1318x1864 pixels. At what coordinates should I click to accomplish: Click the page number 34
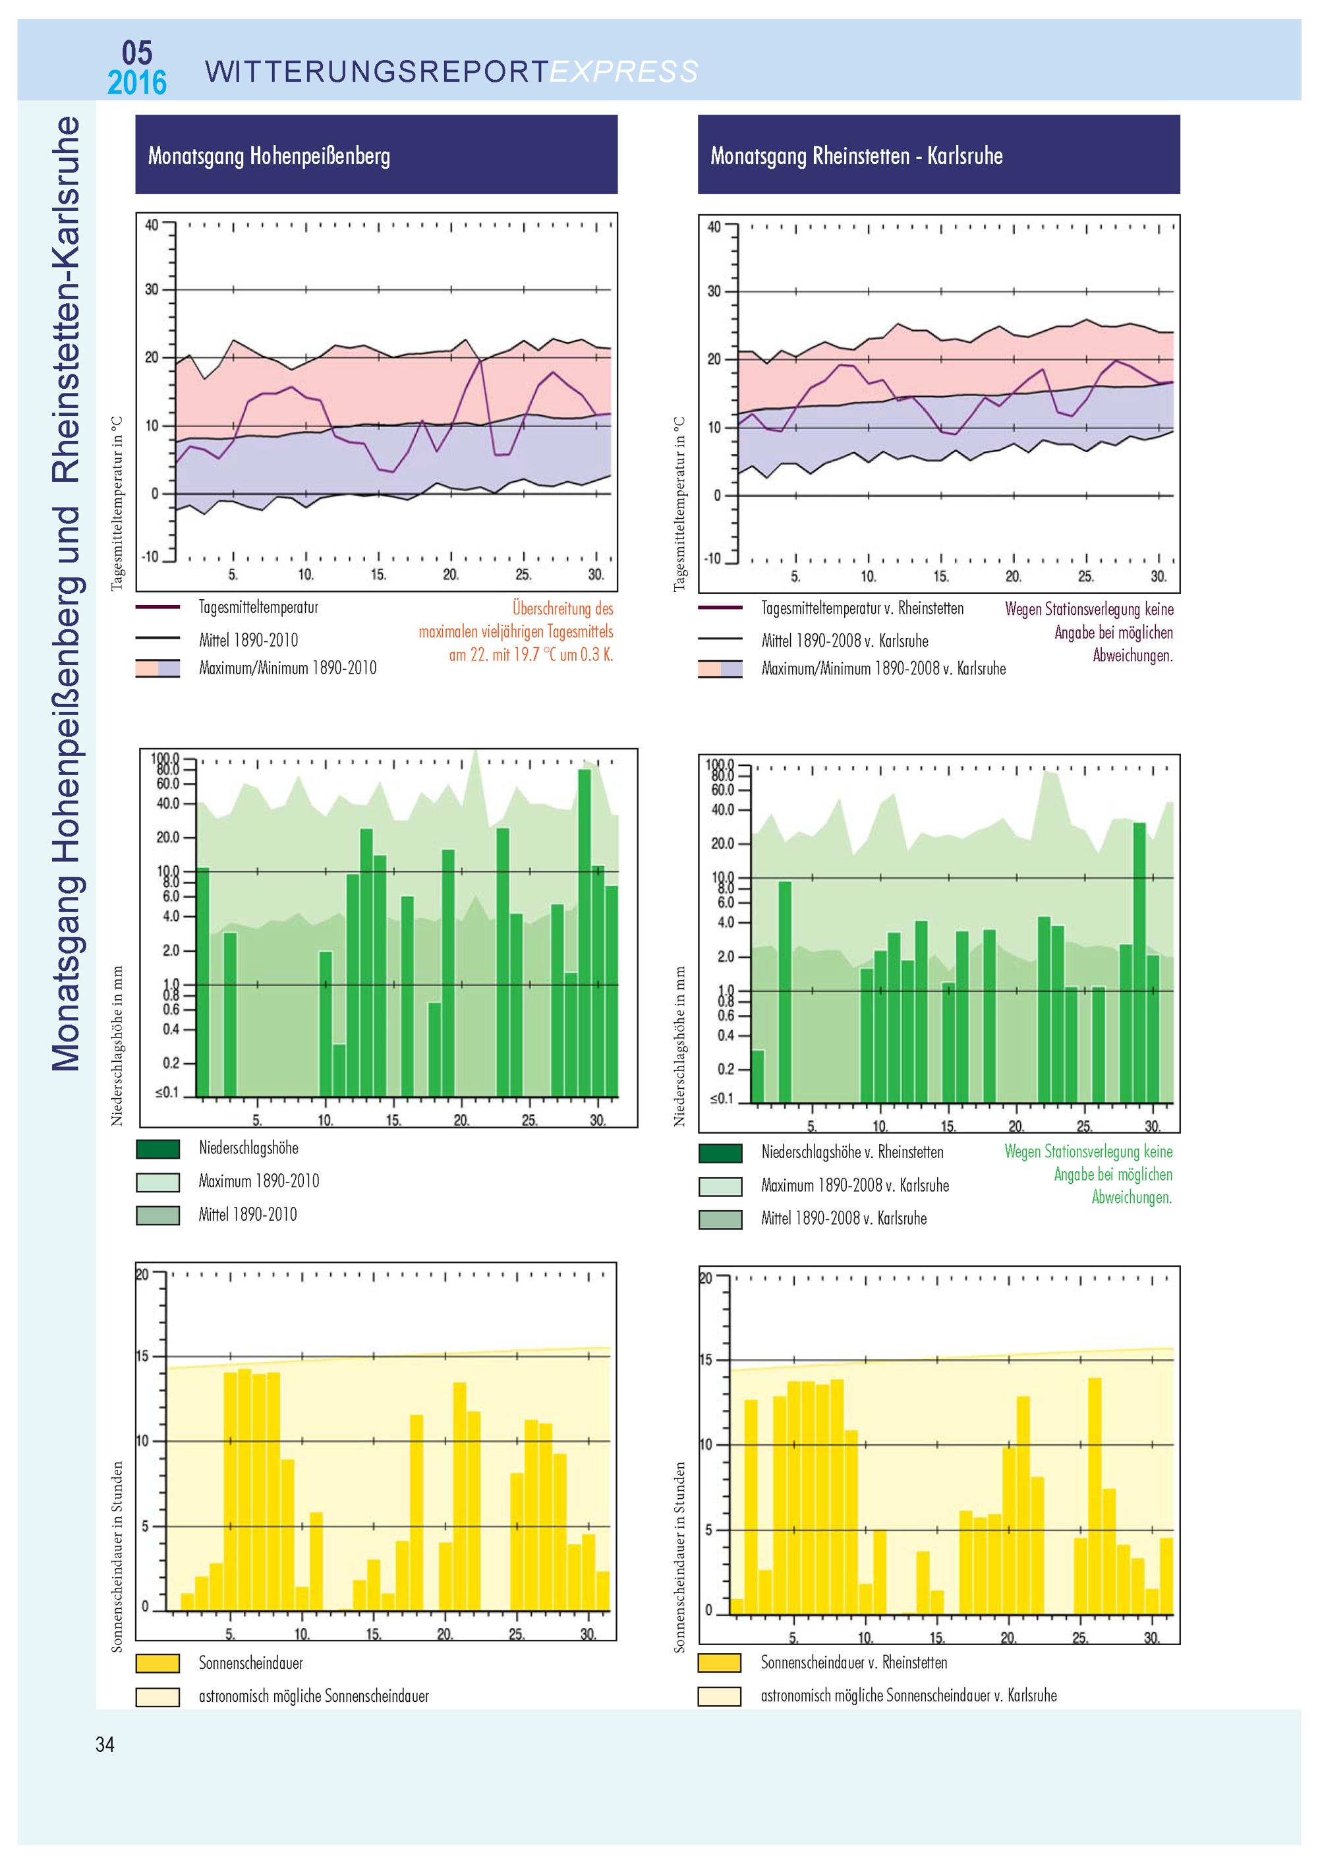tap(105, 1745)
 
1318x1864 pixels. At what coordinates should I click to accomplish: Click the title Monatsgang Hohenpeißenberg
tap(269, 156)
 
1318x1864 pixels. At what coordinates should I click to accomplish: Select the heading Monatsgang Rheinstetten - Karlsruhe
tap(856, 156)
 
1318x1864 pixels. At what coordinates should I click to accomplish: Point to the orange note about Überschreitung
tap(516, 631)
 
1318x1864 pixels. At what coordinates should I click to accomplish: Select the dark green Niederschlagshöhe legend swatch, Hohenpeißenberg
tap(158, 1149)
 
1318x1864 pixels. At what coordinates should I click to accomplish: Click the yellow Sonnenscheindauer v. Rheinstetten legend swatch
tap(720, 1663)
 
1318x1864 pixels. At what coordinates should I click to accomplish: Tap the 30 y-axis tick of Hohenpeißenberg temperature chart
tap(152, 290)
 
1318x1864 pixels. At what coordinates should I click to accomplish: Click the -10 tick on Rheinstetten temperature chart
tap(712, 560)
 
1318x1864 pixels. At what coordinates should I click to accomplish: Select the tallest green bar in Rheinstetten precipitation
tap(1139, 962)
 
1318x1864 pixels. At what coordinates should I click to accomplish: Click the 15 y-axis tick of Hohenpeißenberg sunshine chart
tap(142, 1356)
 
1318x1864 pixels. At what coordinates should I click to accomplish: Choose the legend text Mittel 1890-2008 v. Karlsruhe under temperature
tap(845, 641)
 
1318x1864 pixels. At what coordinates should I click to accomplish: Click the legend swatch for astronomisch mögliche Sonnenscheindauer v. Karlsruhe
tap(720, 1696)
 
